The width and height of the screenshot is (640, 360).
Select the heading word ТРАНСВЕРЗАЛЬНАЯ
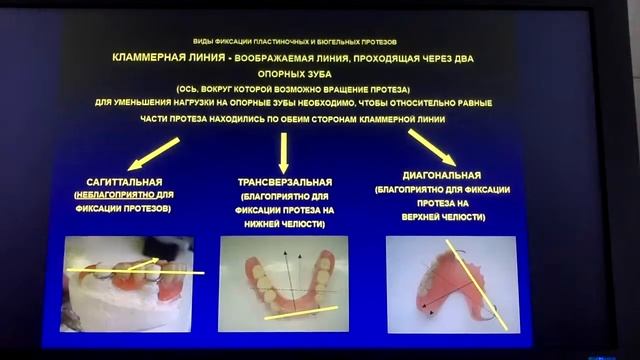coord(284,180)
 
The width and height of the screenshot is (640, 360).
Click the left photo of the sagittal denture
coord(127,283)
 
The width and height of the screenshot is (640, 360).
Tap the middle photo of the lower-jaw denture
coord(283,284)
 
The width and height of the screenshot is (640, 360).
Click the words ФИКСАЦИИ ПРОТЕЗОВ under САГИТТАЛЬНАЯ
coord(126,209)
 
